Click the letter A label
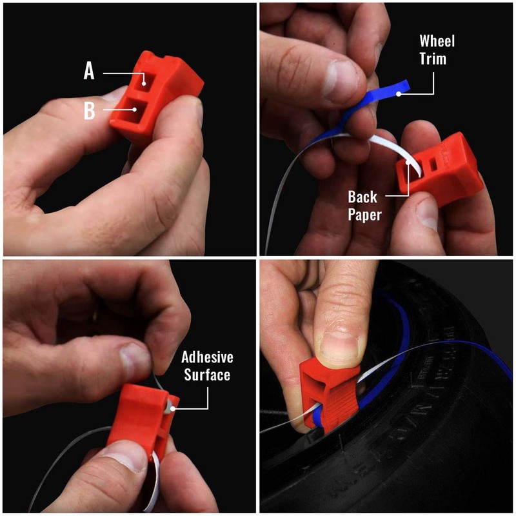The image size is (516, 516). coord(89,71)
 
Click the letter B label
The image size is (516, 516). coord(89,111)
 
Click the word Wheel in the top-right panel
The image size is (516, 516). coord(437,41)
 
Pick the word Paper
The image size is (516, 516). coord(366,215)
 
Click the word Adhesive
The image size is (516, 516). coord(207,357)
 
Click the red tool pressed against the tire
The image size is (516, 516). coord(329,397)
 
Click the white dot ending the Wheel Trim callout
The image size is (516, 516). coord(399,94)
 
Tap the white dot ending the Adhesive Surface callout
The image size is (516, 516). coord(168,408)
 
